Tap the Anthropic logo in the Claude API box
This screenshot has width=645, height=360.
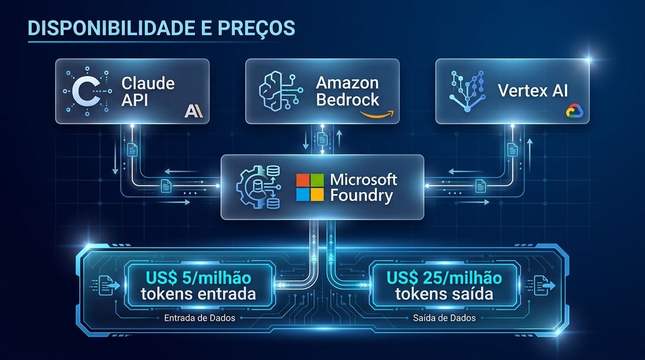point(193,111)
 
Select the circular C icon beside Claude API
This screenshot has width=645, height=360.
point(88,91)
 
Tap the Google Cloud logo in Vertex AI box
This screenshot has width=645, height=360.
point(573,111)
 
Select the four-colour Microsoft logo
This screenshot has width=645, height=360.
point(310,187)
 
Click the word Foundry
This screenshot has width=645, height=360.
point(361,195)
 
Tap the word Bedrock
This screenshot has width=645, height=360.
point(347,99)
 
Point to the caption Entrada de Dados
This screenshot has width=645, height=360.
point(200,318)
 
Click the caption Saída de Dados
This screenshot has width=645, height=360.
point(444,318)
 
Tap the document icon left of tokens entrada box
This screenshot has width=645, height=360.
point(104,284)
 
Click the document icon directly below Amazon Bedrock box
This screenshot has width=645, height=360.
point(322,139)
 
